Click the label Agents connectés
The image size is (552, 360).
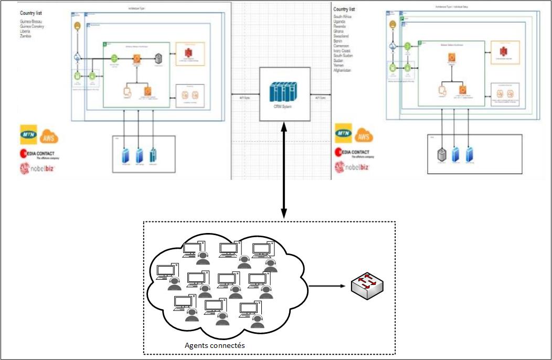215,345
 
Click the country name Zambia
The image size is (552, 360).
26,36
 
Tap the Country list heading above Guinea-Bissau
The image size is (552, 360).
31,12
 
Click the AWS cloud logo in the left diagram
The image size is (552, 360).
50,136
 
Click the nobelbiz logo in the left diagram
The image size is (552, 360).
38,168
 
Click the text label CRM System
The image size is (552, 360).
284,107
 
